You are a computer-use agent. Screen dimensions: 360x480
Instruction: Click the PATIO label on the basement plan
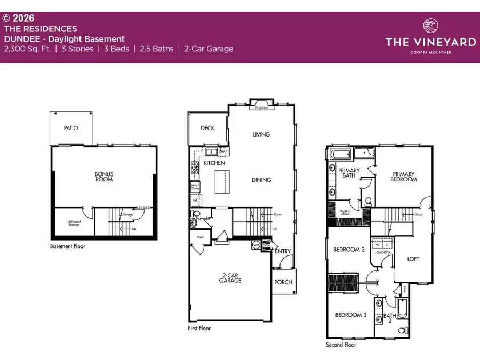pyautogui.click(x=71, y=128)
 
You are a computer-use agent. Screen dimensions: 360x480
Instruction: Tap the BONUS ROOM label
pyautogui.click(x=104, y=177)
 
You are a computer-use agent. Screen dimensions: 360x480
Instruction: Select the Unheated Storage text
pyautogui.click(x=74, y=223)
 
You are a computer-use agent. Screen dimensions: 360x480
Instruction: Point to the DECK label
pyautogui.click(x=207, y=129)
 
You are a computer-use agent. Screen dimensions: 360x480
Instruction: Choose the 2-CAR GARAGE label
pyautogui.click(x=231, y=278)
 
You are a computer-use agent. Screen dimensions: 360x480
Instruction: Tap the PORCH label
pyautogui.click(x=283, y=282)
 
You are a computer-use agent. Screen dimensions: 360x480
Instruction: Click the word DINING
pyautogui.click(x=261, y=180)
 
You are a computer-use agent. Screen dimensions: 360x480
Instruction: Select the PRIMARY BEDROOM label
pyautogui.click(x=404, y=177)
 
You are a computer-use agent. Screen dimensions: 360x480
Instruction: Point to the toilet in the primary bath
pyautogui.click(x=367, y=202)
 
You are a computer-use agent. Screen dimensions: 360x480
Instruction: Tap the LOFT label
pyautogui.click(x=413, y=259)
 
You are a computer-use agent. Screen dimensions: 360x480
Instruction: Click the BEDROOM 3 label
pyautogui.click(x=350, y=315)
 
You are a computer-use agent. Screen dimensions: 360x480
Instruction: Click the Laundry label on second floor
pyautogui.click(x=382, y=252)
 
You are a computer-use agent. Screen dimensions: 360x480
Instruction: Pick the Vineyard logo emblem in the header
pyautogui.click(x=430, y=26)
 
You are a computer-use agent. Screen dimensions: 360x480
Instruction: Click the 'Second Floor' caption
pyautogui.click(x=341, y=345)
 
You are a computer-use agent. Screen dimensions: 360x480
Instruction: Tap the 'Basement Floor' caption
pyautogui.click(x=67, y=246)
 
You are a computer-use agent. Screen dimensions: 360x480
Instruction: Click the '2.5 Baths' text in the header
pyautogui.click(x=156, y=49)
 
